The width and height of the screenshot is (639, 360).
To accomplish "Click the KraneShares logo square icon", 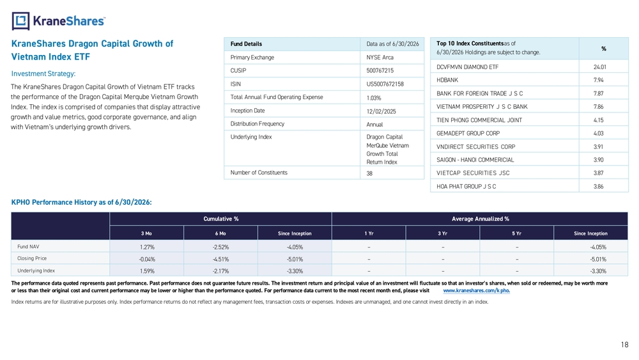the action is [21, 21].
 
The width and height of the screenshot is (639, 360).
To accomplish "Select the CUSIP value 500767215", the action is [380, 70].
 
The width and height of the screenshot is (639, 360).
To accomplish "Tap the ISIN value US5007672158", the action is [385, 84].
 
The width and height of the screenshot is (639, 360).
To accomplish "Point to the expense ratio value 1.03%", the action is [374, 98].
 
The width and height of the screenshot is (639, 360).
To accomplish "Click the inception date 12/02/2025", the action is [381, 111].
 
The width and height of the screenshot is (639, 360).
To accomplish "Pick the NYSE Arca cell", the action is [380, 58].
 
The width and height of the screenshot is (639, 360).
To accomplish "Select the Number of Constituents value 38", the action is [369, 173].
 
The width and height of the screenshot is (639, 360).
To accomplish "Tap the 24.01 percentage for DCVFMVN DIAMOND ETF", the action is [599, 67].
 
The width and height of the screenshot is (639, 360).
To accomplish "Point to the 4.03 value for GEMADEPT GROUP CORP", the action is [598, 133].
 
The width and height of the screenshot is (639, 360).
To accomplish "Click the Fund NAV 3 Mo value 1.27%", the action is [147, 247].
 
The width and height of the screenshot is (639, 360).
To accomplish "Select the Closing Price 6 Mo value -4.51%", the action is [220, 260].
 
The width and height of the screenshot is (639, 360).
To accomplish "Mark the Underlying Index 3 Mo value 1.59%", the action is [147, 271].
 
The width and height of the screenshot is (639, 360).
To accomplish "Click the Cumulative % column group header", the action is [221, 219].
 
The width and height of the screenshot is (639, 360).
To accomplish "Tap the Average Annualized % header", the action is [480, 219].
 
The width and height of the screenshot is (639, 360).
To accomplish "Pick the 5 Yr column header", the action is [516, 233].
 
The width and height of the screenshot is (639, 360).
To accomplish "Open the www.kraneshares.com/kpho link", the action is [477, 291].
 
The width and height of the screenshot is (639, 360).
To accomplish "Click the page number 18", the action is [625, 345].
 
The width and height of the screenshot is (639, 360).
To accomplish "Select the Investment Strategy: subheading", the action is [43, 74].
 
